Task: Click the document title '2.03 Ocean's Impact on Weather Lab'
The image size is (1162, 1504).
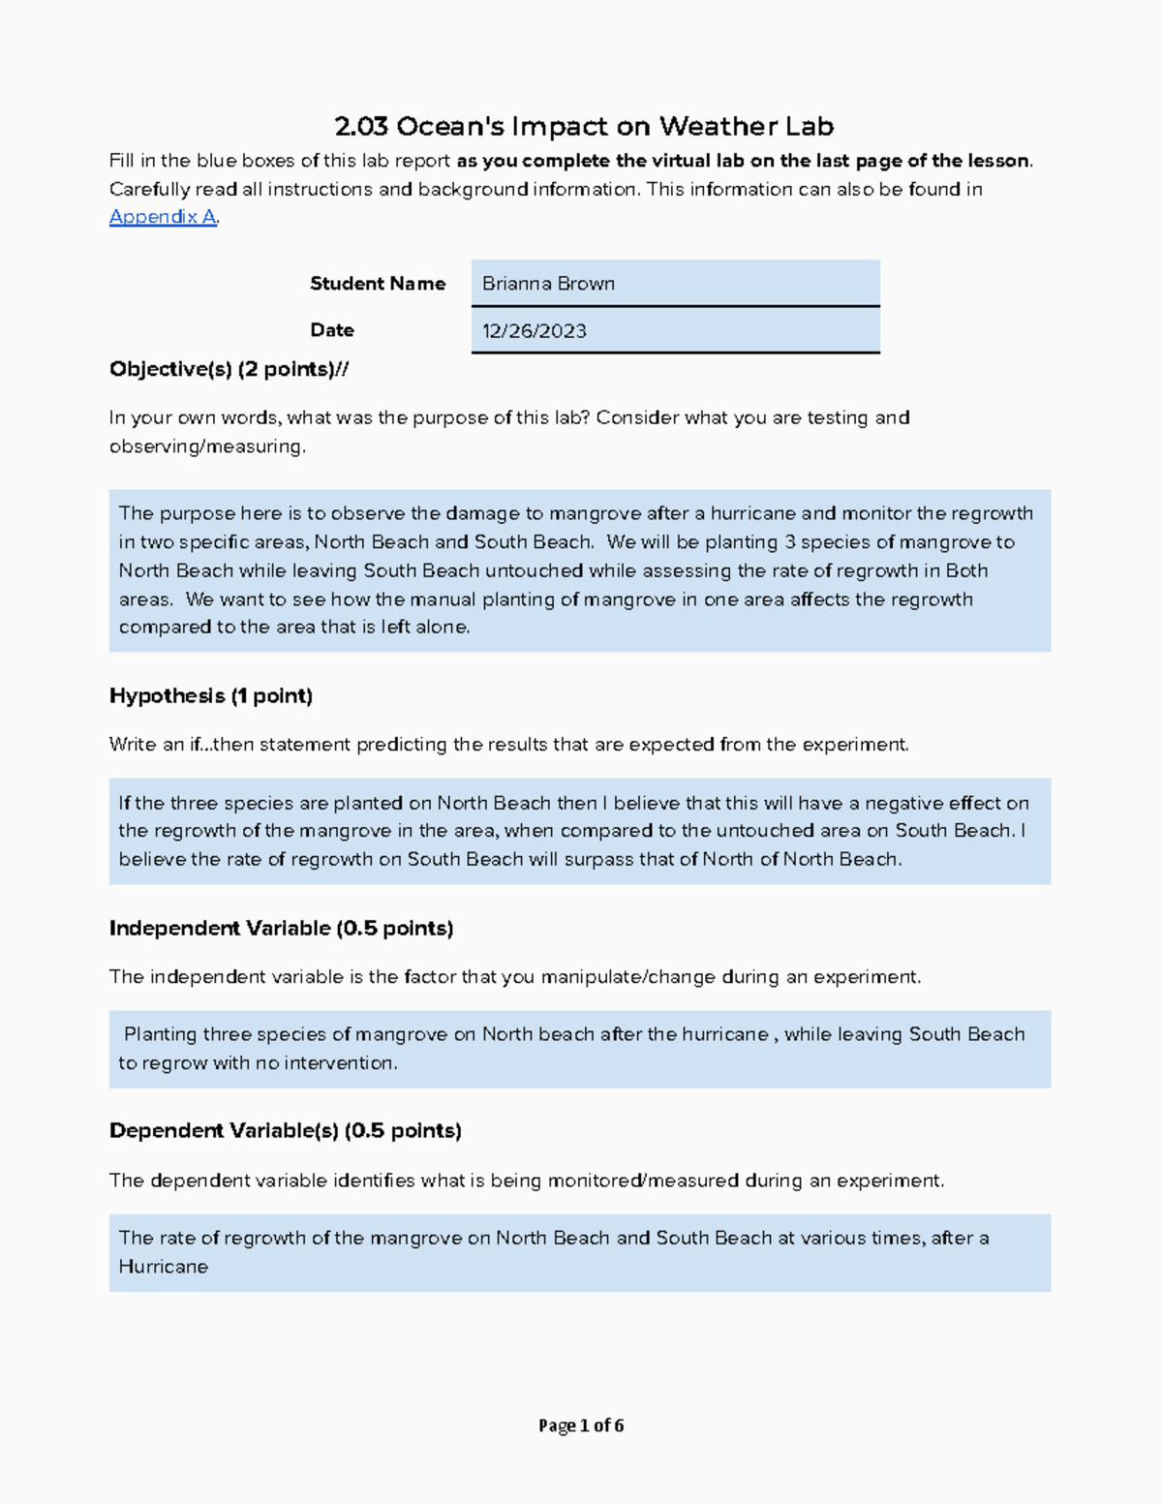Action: point(583,127)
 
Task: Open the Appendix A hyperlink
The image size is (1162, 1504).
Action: point(162,217)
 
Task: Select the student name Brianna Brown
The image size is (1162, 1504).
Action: point(548,284)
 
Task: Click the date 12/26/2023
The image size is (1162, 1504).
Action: point(534,331)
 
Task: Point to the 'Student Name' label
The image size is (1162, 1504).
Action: point(377,284)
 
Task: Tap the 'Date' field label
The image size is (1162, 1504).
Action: point(331,330)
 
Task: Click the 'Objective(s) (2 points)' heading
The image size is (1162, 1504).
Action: point(229,369)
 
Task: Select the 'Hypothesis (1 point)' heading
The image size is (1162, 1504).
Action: point(210,695)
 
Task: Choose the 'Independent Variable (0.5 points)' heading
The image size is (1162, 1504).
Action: point(281,928)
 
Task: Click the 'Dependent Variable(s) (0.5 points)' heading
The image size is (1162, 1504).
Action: point(285,1130)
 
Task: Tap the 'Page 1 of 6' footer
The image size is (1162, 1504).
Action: point(581,1426)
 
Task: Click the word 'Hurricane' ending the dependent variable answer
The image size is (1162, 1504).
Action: point(163,1267)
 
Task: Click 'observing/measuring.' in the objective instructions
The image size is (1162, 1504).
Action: point(207,446)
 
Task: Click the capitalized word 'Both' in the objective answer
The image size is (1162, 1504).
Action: point(966,570)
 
